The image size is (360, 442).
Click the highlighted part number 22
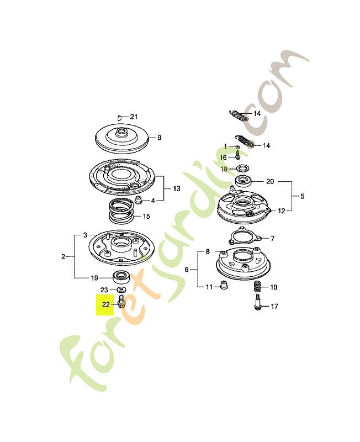pos(105,304)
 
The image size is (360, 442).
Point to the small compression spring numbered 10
pos(257,287)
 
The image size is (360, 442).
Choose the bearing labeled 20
pos(243,181)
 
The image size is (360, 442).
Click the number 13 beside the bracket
pos(176,189)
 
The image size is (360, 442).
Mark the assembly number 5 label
pos(301,196)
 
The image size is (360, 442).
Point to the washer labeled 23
pos(120,290)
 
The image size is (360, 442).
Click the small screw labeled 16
pos(236,156)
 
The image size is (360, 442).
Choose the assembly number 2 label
pos(64,256)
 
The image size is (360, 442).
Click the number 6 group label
pos(187,269)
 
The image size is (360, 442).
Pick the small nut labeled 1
pos(236,147)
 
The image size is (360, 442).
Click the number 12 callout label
pos(282,211)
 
